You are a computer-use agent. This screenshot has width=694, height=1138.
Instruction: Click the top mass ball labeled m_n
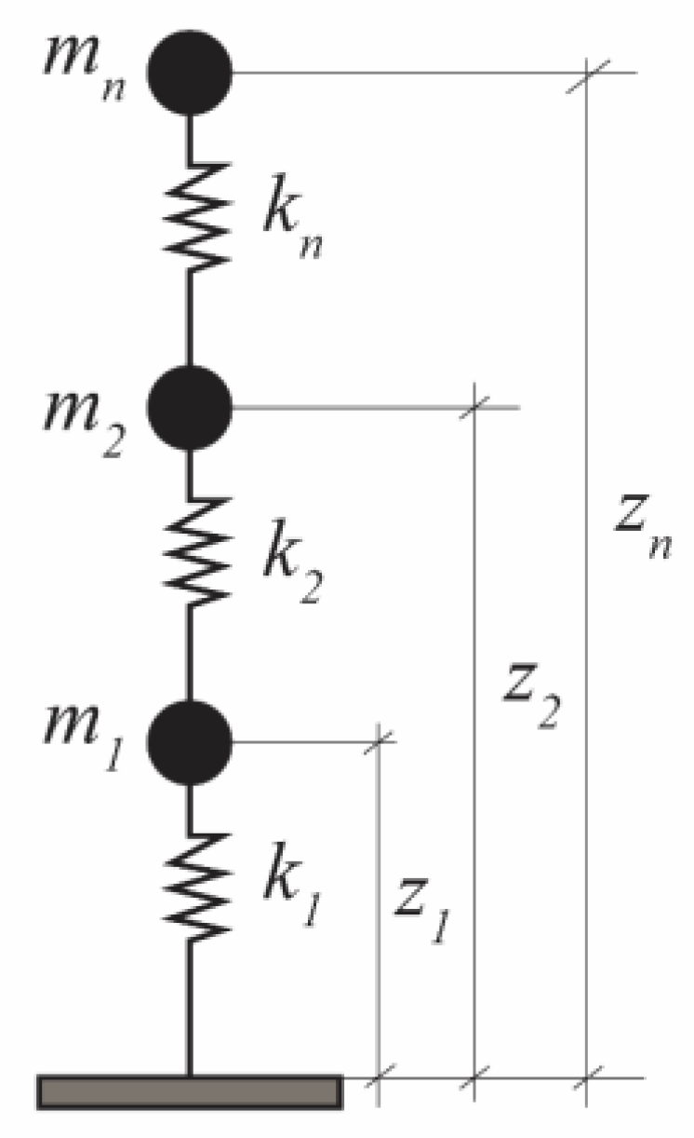[x=190, y=73]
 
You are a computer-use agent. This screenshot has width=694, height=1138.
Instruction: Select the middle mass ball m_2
[x=190, y=407]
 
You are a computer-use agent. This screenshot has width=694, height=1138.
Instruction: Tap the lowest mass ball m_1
[x=190, y=742]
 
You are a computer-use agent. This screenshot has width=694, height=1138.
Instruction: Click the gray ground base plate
[x=190, y=1091]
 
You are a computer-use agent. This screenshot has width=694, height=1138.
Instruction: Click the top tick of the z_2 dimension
[x=475, y=407]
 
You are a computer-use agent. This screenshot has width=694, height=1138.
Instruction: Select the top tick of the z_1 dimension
[x=379, y=742]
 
